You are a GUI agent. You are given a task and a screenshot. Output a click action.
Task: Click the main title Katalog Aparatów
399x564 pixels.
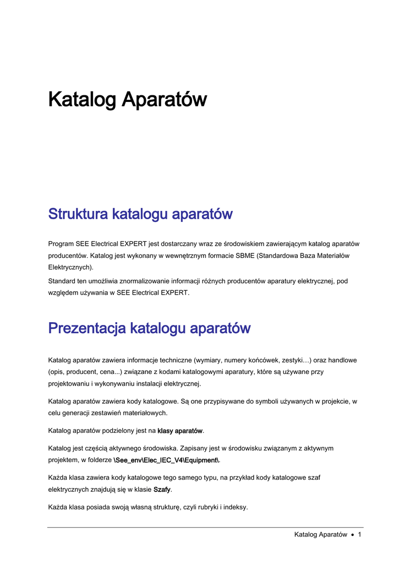pyautogui.click(x=127, y=100)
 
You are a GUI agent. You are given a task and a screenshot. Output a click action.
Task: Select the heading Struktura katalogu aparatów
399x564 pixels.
pyautogui.click(x=140, y=214)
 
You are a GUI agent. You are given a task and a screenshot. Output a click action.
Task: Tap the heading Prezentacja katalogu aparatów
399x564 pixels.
pyautogui.click(x=149, y=328)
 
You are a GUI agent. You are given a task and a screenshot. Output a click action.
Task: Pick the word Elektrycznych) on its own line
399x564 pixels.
pyautogui.click(x=71, y=268)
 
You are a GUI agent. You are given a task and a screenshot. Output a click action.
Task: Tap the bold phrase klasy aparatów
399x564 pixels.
pyautogui.click(x=180, y=430)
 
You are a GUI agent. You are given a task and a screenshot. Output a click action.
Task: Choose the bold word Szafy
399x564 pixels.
pyautogui.click(x=162, y=490)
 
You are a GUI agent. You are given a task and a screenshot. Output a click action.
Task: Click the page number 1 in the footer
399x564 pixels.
pyautogui.click(x=359, y=534)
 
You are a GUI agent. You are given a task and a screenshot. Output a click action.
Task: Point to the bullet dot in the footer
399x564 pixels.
pyautogui.click(x=352, y=535)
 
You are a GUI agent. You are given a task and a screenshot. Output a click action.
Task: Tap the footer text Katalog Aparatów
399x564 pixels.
pyautogui.click(x=320, y=534)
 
